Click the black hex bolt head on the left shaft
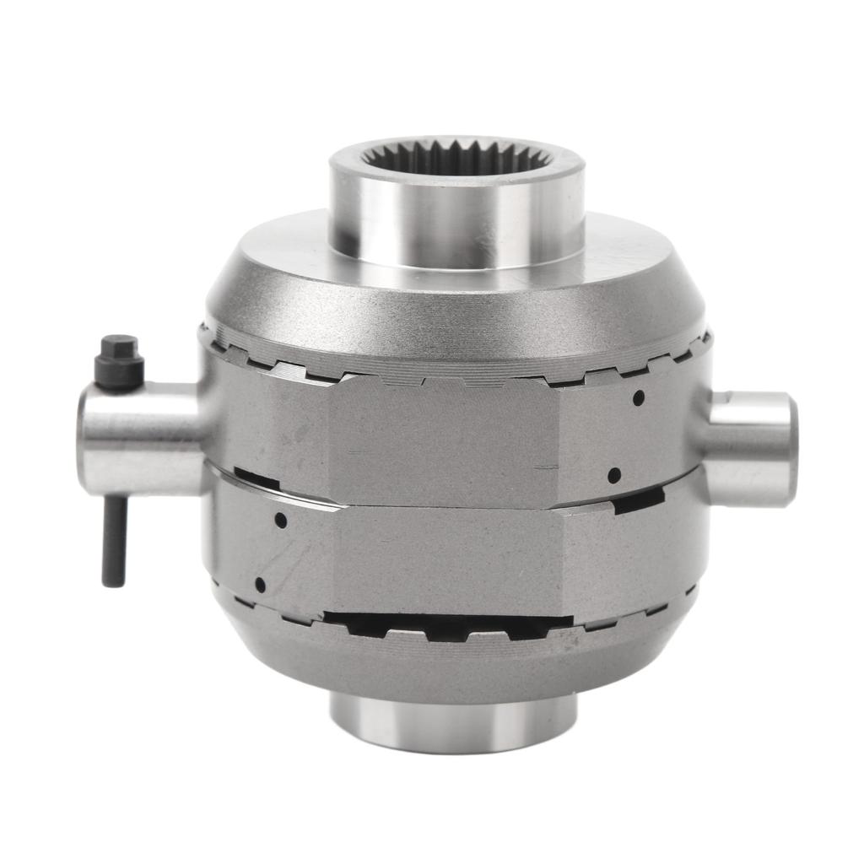119,361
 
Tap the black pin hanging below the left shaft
114,540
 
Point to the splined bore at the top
456,159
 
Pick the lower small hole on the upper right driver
614,475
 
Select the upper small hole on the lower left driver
280,521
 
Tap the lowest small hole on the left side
260,585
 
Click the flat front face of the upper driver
443,439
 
